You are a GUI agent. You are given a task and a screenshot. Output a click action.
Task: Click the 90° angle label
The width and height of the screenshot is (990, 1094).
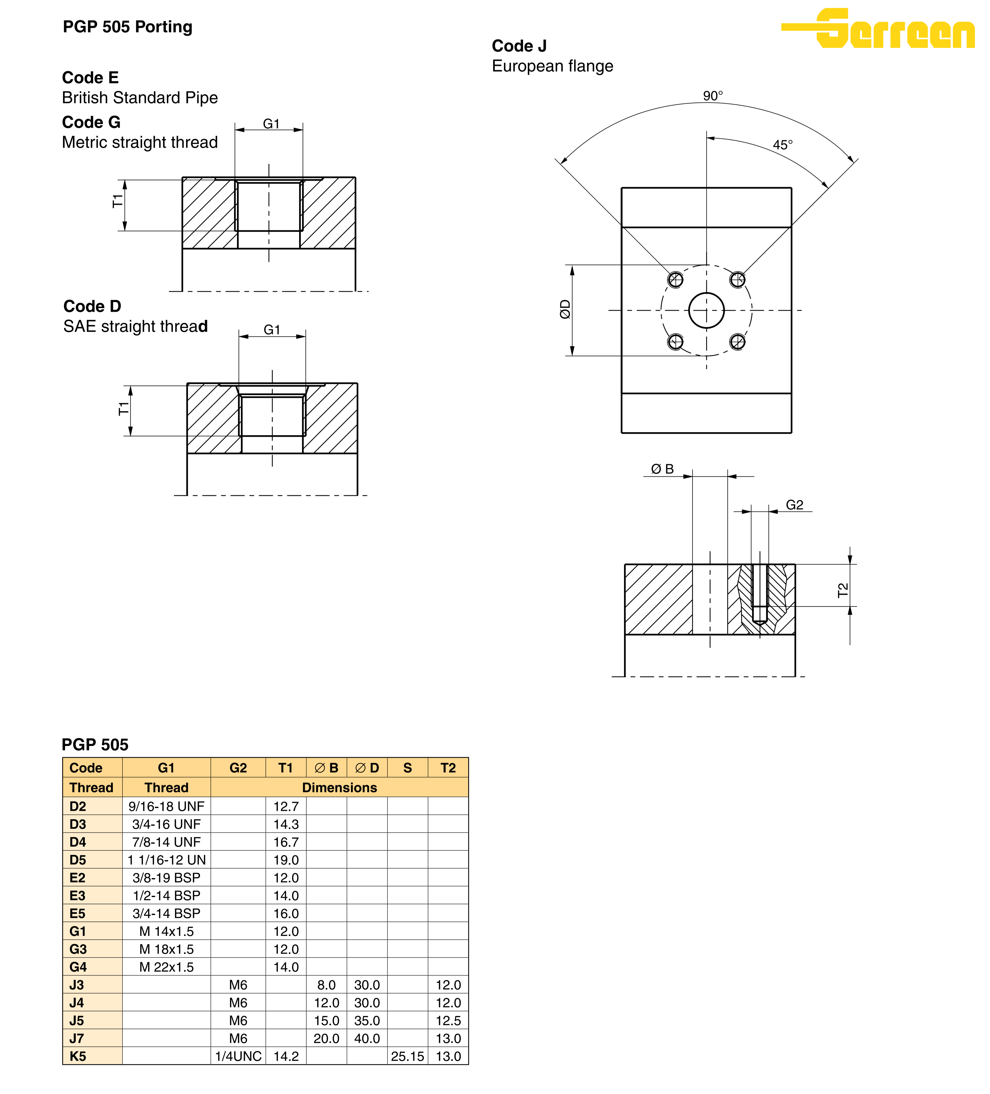(x=713, y=96)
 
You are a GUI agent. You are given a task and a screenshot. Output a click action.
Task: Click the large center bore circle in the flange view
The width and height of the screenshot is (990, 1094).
(x=706, y=310)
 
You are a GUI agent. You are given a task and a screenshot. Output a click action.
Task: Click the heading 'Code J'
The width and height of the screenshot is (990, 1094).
(x=519, y=46)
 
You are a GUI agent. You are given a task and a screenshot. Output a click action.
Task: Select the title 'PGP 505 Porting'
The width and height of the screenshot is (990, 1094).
(x=127, y=27)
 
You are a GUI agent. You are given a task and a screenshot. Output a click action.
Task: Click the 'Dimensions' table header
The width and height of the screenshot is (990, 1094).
(x=339, y=788)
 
